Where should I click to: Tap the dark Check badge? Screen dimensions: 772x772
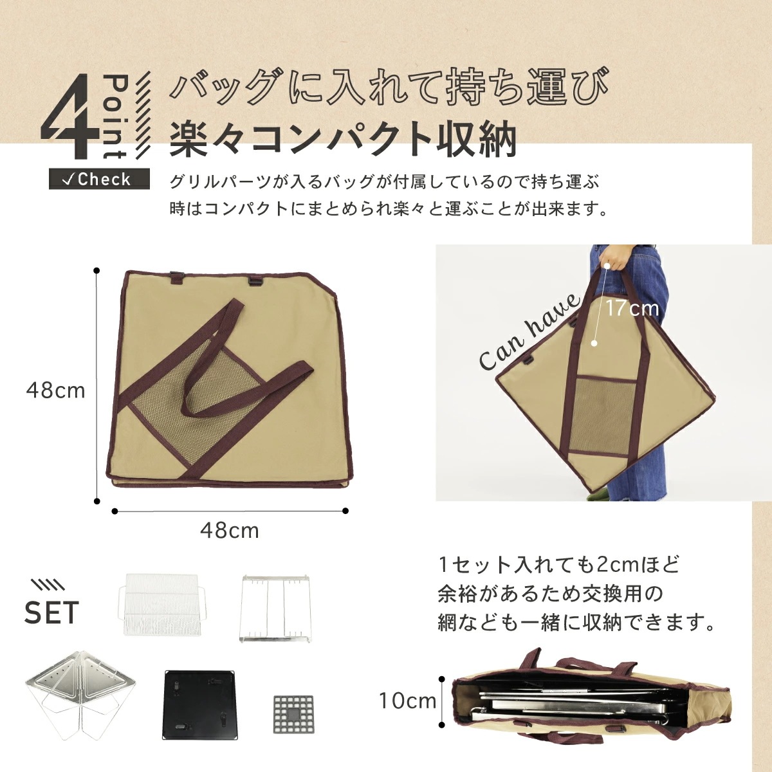click(x=99, y=179)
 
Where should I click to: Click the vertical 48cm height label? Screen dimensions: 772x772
click(x=55, y=390)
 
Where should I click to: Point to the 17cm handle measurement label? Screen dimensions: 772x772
click(x=632, y=308)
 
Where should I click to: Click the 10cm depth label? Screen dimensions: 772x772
click(x=407, y=701)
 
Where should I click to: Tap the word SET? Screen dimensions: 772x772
click(x=51, y=612)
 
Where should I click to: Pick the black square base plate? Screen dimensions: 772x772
click(x=198, y=706)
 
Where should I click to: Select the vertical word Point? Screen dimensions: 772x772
click(x=116, y=116)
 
